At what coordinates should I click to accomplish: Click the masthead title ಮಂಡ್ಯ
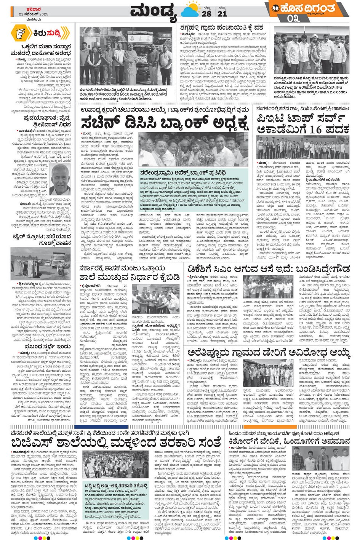click(x=154, y=12)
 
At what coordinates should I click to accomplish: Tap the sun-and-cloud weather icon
click(x=190, y=11)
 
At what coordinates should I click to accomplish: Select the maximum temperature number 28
click(x=207, y=14)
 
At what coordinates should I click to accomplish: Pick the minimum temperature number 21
click(x=222, y=14)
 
